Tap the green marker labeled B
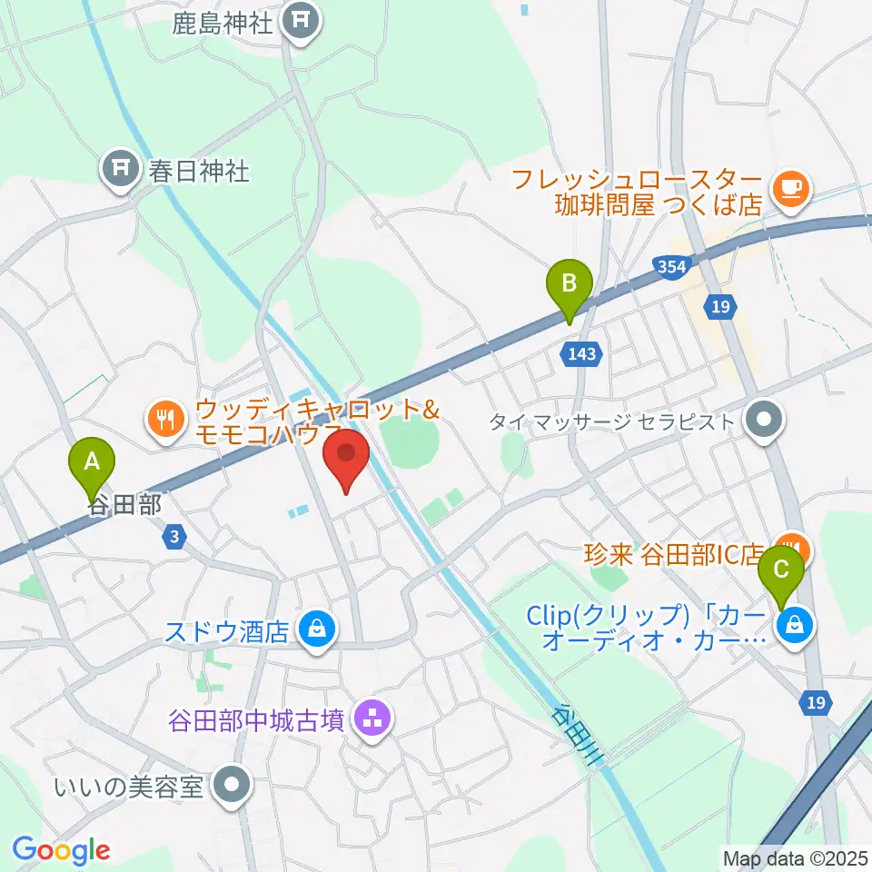pos(569,289)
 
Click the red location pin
pos(346,459)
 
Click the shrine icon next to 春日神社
pos(120,169)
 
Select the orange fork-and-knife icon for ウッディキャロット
pos(163,419)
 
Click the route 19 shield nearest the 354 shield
pos(720,307)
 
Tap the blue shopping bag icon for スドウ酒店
pos(316,629)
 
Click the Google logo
pos(61,851)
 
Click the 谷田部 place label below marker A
pos(125,506)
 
